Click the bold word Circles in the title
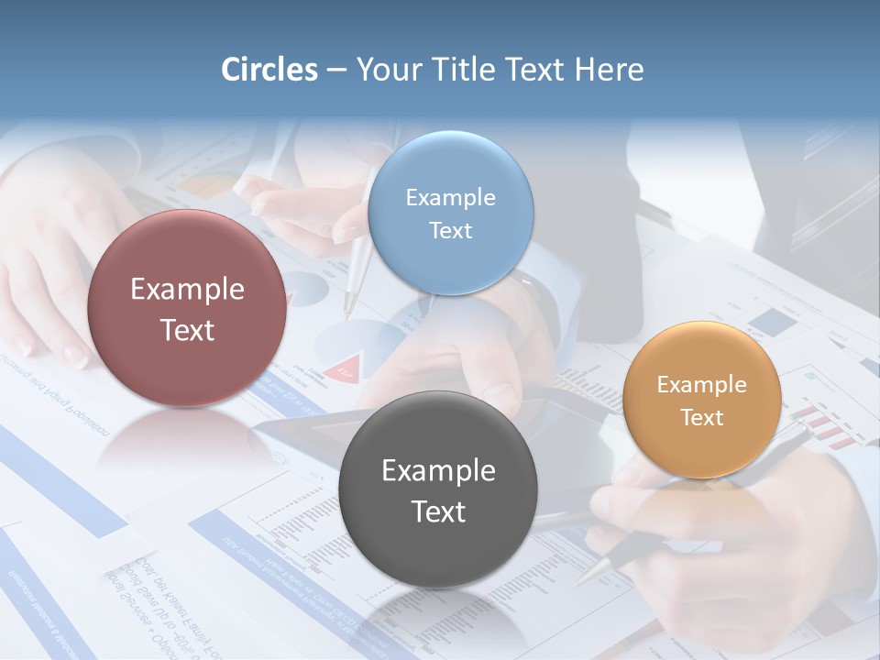point(269,70)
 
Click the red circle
point(187,309)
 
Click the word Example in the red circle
point(187,290)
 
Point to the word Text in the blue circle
point(450,230)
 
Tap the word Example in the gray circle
point(438,471)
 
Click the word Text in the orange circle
point(702,418)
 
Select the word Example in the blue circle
point(450,198)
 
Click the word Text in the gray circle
point(438,511)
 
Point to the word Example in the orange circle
point(702,385)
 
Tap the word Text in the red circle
point(187,330)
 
